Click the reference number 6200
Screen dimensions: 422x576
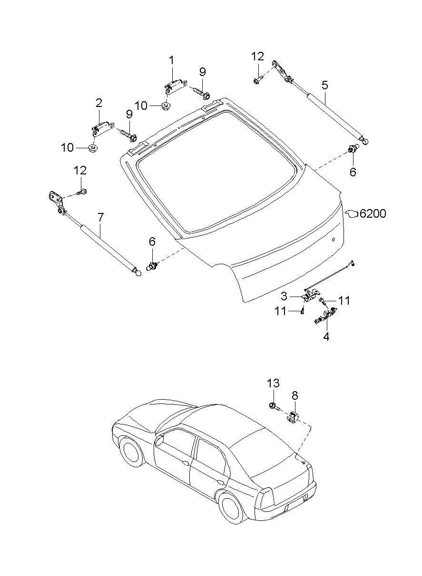tap(373, 213)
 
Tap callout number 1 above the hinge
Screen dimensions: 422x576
tap(171, 61)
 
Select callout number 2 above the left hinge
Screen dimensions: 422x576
tap(98, 103)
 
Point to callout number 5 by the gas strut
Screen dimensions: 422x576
tap(325, 85)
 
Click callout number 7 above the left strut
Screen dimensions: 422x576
tap(101, 217)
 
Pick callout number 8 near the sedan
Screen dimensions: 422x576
tap(295, 396)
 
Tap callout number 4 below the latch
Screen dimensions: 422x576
tap(326, 336)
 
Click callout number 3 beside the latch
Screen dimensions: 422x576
tap(284, 296)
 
